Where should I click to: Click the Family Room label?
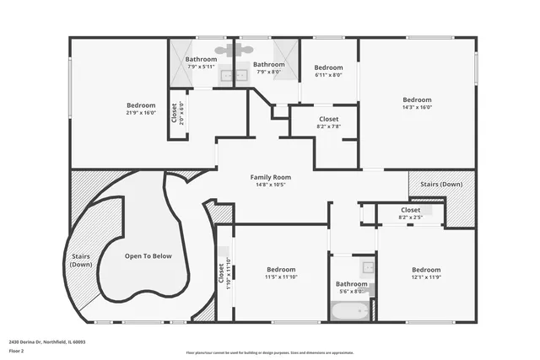(270, 177)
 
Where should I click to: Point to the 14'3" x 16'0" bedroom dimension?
(417, 107)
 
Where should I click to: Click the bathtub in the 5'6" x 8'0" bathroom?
(347, 311)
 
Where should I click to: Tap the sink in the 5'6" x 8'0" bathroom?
(368, 268)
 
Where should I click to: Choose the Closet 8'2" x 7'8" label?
(329, 122)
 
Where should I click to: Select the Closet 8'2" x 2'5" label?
(410, 213)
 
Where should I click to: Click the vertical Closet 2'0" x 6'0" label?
(175, 113)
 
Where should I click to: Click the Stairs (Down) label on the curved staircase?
(81, 261)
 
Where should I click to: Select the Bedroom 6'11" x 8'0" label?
(328, 71)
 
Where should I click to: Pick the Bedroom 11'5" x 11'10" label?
(281, 273)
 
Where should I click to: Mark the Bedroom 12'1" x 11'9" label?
(426, 273)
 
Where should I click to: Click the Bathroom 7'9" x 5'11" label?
(201, 62)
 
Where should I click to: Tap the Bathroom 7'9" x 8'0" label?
(270, 67)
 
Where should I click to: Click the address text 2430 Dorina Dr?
(46, 342)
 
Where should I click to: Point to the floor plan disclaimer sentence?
(270, 353)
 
